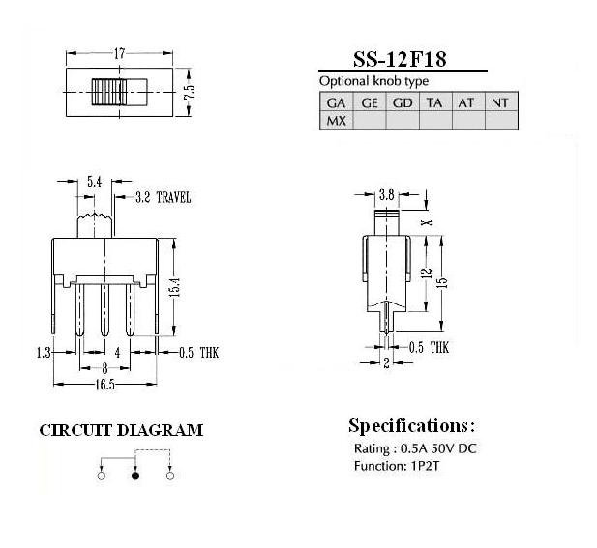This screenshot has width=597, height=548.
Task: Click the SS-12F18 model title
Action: (x=400, y=59)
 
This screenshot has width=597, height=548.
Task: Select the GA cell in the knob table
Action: (x=336, y=102)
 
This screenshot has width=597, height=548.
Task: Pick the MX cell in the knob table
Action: (x=336, y=121)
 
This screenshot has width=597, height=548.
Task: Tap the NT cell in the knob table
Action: (x=500, y=102)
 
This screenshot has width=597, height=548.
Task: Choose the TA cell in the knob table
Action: (x=434, y=102)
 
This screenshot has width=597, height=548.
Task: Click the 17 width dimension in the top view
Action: (x=119, y=53)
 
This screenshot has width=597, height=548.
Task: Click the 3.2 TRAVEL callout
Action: (x=163, y=197)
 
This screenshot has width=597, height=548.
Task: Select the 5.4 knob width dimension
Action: (x=95, y=182)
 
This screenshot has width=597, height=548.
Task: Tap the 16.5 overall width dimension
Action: (x=104, y=385)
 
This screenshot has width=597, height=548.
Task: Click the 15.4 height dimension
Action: (x=175, y=286)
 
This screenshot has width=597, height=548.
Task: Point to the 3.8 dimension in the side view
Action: (x=387, y=195)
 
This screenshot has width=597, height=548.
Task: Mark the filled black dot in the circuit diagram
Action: (x=135, y=476)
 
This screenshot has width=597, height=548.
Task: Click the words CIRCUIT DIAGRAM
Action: (x=121, y=430)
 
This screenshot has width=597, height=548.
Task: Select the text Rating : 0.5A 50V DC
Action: (x=415, y=448)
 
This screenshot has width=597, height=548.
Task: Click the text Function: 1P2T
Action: (x=397, y=466)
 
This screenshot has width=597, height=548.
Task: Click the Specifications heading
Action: (x=412, y=426)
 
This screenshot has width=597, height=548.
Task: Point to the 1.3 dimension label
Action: (x=44, y=353)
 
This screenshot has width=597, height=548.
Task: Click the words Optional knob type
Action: (x=373, y=81)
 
